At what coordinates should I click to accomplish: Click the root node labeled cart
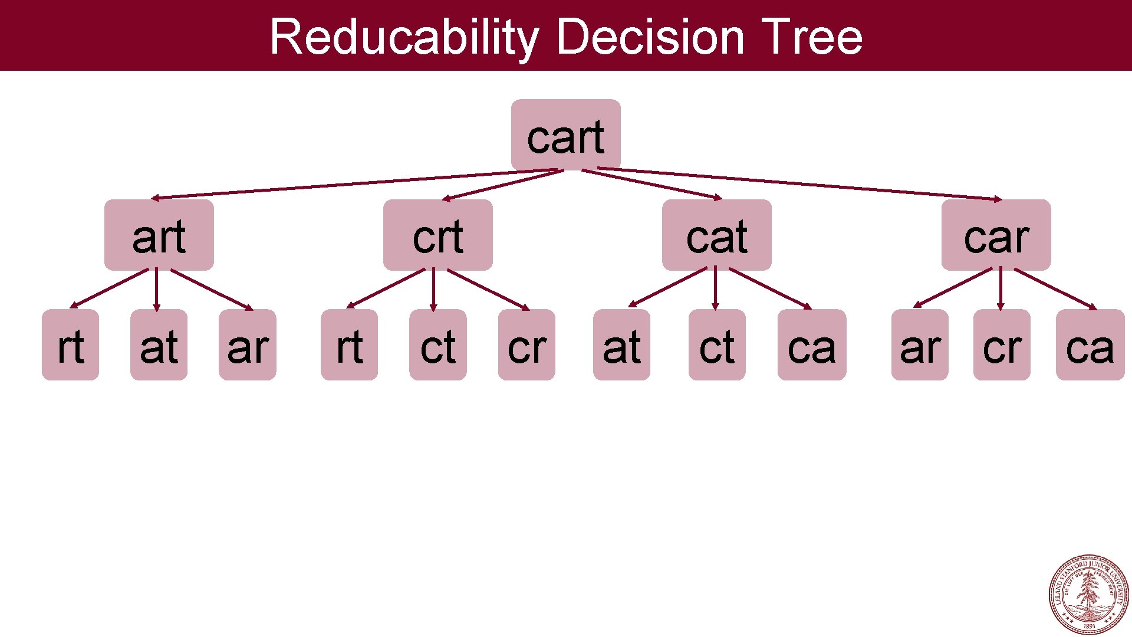point(565,135)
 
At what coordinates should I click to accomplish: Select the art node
point(159,235)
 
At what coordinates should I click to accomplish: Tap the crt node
point(437,235)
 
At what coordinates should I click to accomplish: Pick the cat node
point(716,235)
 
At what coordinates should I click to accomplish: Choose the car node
point(996,235)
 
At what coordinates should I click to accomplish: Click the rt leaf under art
point(70,345)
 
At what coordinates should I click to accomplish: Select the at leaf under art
point(159,345)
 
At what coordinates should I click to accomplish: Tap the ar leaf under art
point(247,345)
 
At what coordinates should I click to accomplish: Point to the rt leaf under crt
point(349,345)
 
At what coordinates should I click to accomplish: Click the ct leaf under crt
point(437,345)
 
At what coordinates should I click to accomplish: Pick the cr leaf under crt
point(526,345)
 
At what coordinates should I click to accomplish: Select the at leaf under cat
point(621,345)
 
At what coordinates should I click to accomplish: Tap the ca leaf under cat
point(812,345)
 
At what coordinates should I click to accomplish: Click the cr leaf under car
point(1002,345)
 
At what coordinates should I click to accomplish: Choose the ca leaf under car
point(1090,345)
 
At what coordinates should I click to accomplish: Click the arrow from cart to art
point(354,184)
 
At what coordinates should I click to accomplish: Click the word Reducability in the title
point(404,37)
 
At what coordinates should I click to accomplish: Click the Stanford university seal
point(1088,595)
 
